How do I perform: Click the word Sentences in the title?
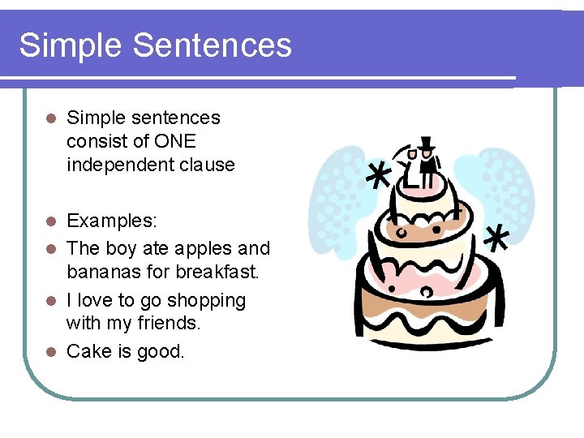click(x=213, y=45)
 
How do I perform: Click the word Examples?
click(x=113, y=221)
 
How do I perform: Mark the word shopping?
click(x=207, y=301)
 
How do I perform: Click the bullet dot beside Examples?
click(x=49, y=221)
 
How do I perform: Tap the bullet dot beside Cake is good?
click(x=49, y=352)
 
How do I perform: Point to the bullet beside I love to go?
click(x=49, y=300)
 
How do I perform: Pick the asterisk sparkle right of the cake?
click(x=496, y=238)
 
